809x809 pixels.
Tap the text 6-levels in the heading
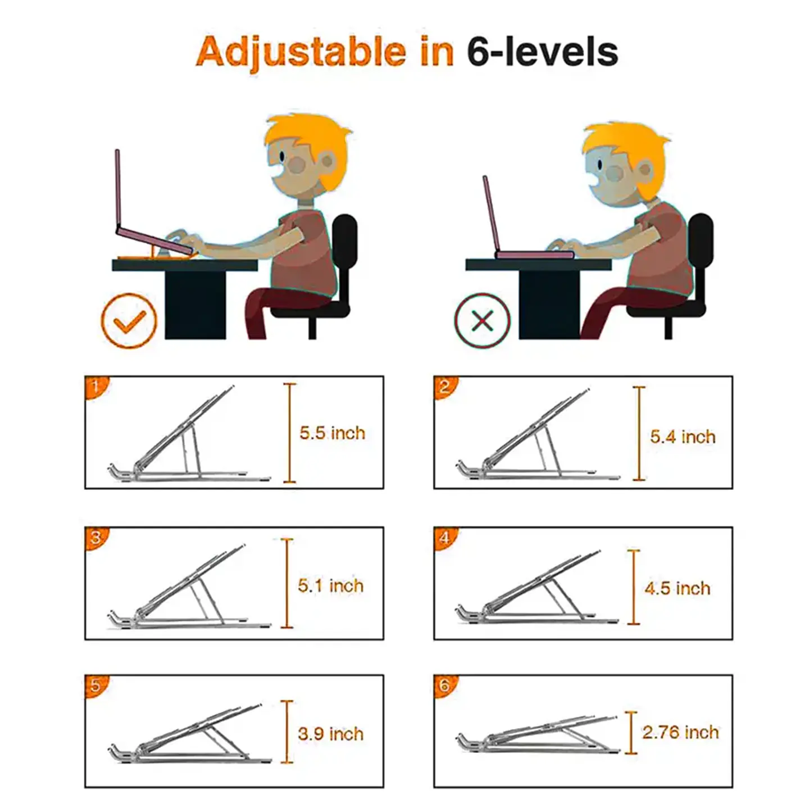(x=543, y=52)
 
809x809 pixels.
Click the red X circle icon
(x=483, y=320)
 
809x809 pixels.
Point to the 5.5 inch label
(x=332, y=433)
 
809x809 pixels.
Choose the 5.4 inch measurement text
(x=683, y=437)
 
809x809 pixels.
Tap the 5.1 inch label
(x=330, y=585)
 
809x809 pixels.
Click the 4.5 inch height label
(x=678, y=588)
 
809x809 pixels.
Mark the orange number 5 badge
(x=96, y=686)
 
